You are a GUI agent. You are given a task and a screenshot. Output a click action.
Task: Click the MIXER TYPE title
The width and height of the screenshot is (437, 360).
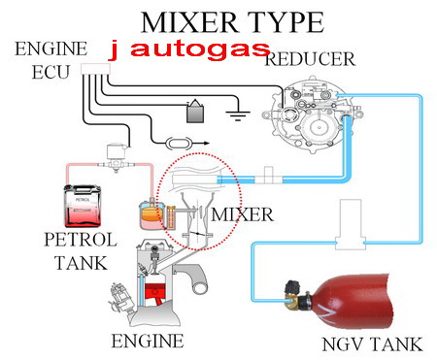pos(232,22)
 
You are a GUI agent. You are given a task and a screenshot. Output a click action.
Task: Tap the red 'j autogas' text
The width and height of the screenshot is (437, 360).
pos(190,50)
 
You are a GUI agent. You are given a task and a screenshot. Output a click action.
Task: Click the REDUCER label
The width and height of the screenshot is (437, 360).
pos(310,59)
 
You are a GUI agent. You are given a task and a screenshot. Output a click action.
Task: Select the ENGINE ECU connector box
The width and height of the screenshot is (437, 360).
pos(95,69)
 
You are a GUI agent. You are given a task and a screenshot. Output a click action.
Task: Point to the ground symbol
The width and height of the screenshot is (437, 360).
pos(238,115)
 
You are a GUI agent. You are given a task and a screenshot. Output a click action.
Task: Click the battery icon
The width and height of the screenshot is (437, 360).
pos(195,112)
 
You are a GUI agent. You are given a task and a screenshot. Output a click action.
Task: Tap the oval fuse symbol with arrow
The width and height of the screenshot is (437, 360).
pos(179,144)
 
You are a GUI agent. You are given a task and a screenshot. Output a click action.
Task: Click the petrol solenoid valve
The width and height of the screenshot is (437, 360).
pos(116,158)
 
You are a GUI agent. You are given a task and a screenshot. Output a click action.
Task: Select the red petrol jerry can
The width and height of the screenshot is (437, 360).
pos(83,206)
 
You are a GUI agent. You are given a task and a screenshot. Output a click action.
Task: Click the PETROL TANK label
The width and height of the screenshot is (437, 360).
pos(81,251)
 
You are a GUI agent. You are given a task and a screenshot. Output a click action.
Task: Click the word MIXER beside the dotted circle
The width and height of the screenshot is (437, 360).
pos(242,214)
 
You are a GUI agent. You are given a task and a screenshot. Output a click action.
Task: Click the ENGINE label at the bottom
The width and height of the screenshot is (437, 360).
pos(148,341)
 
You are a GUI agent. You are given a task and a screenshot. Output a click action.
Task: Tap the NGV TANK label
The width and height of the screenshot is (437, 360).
pos(372,344)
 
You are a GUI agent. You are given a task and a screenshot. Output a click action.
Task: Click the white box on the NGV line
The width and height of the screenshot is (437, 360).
pos(351,224)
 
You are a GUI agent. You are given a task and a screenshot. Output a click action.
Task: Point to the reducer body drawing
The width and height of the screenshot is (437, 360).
pos(311,114)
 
